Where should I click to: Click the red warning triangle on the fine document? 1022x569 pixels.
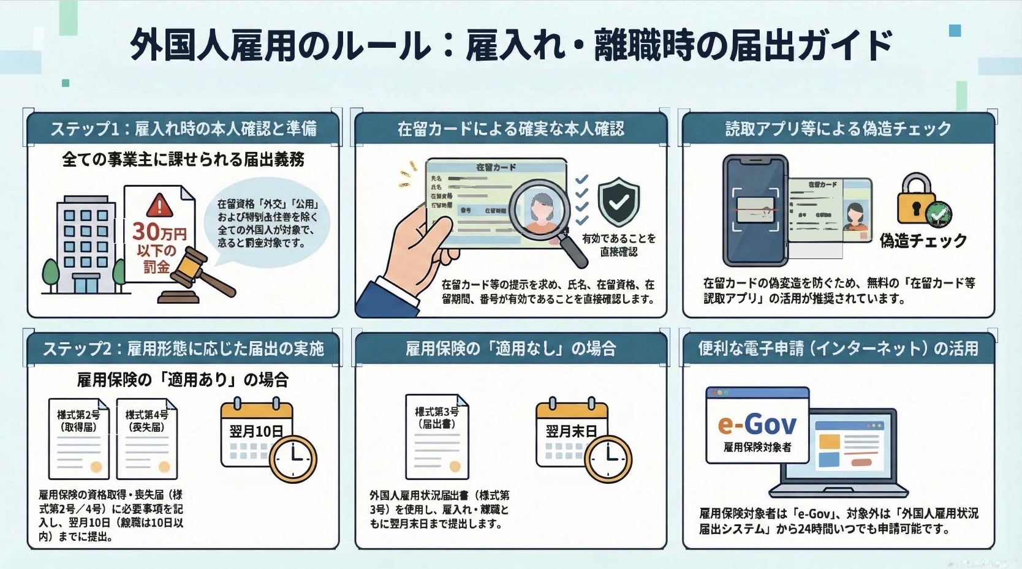159,205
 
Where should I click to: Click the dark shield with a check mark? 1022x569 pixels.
618,202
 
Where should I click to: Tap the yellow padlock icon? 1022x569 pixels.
915,199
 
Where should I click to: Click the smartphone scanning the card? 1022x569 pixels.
755,210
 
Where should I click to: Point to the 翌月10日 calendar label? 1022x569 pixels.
256,431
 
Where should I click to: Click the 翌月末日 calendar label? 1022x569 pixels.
571,431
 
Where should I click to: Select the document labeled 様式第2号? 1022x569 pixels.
79,439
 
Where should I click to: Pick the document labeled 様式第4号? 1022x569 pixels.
147,439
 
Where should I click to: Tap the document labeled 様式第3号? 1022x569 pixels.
437,436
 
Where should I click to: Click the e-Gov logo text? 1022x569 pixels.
757,424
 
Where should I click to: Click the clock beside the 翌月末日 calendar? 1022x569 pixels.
608,458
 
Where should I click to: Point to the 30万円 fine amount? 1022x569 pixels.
159,232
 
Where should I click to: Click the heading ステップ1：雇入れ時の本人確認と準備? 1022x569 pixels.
183,129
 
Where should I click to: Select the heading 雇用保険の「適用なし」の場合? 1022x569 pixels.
510,349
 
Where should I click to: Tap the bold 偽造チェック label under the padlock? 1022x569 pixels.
923,241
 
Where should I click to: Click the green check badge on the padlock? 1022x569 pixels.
938,214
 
